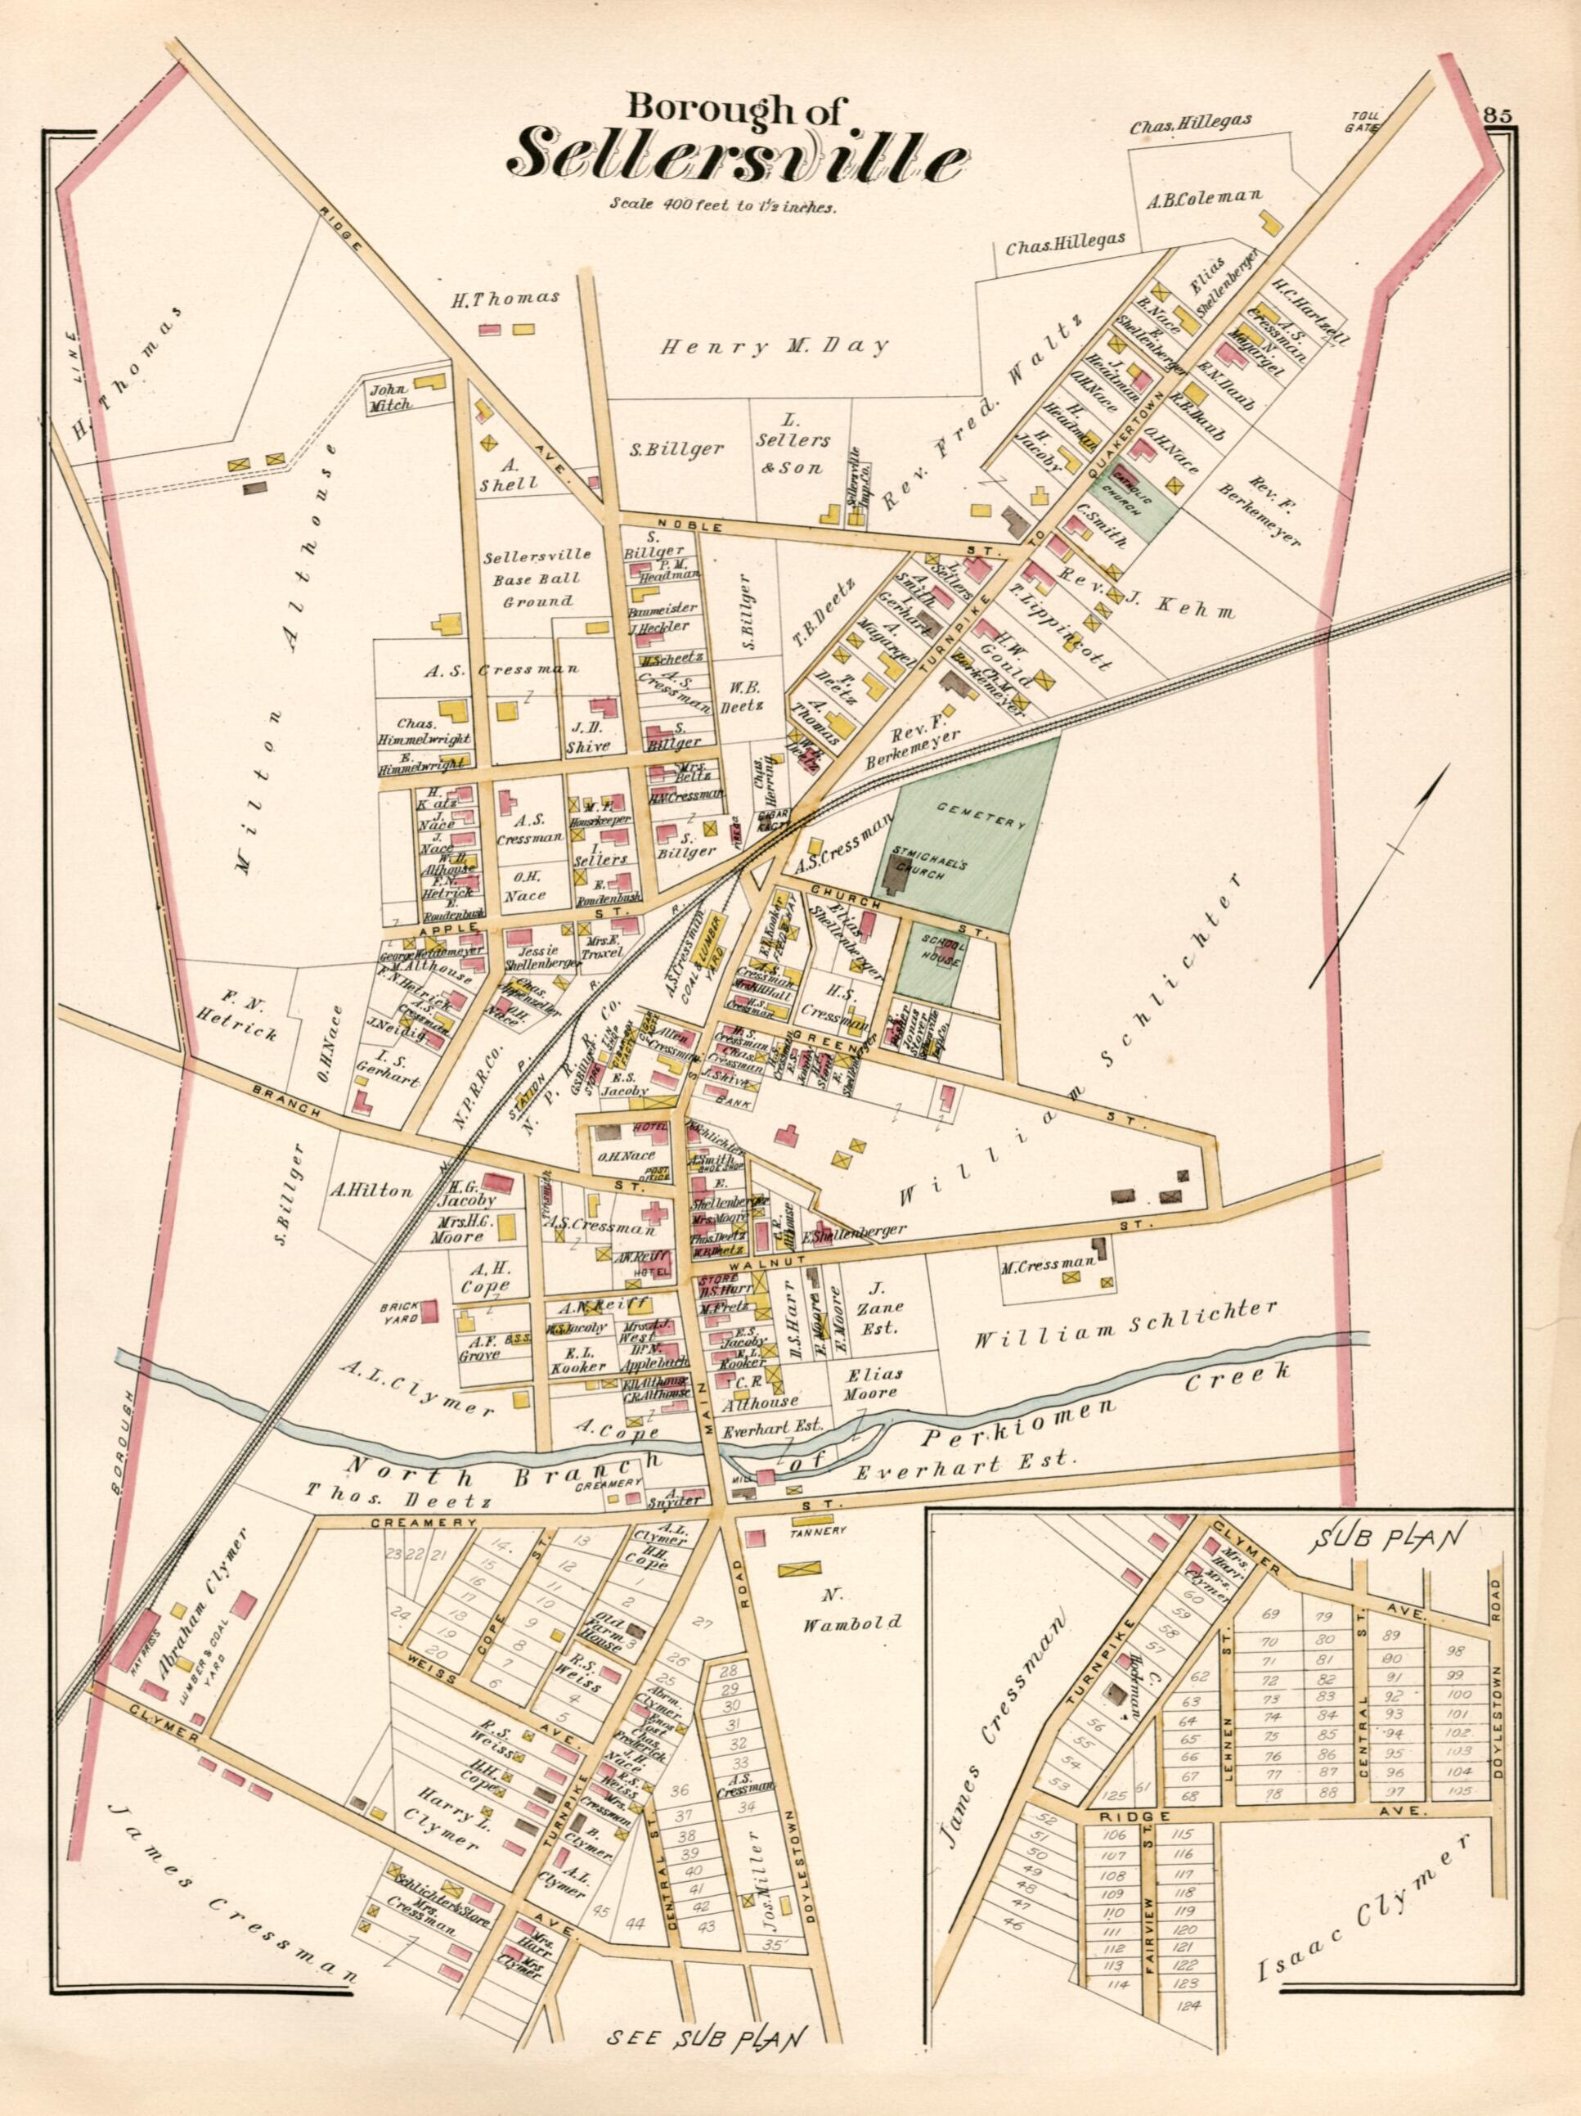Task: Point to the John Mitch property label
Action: point(390,396)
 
